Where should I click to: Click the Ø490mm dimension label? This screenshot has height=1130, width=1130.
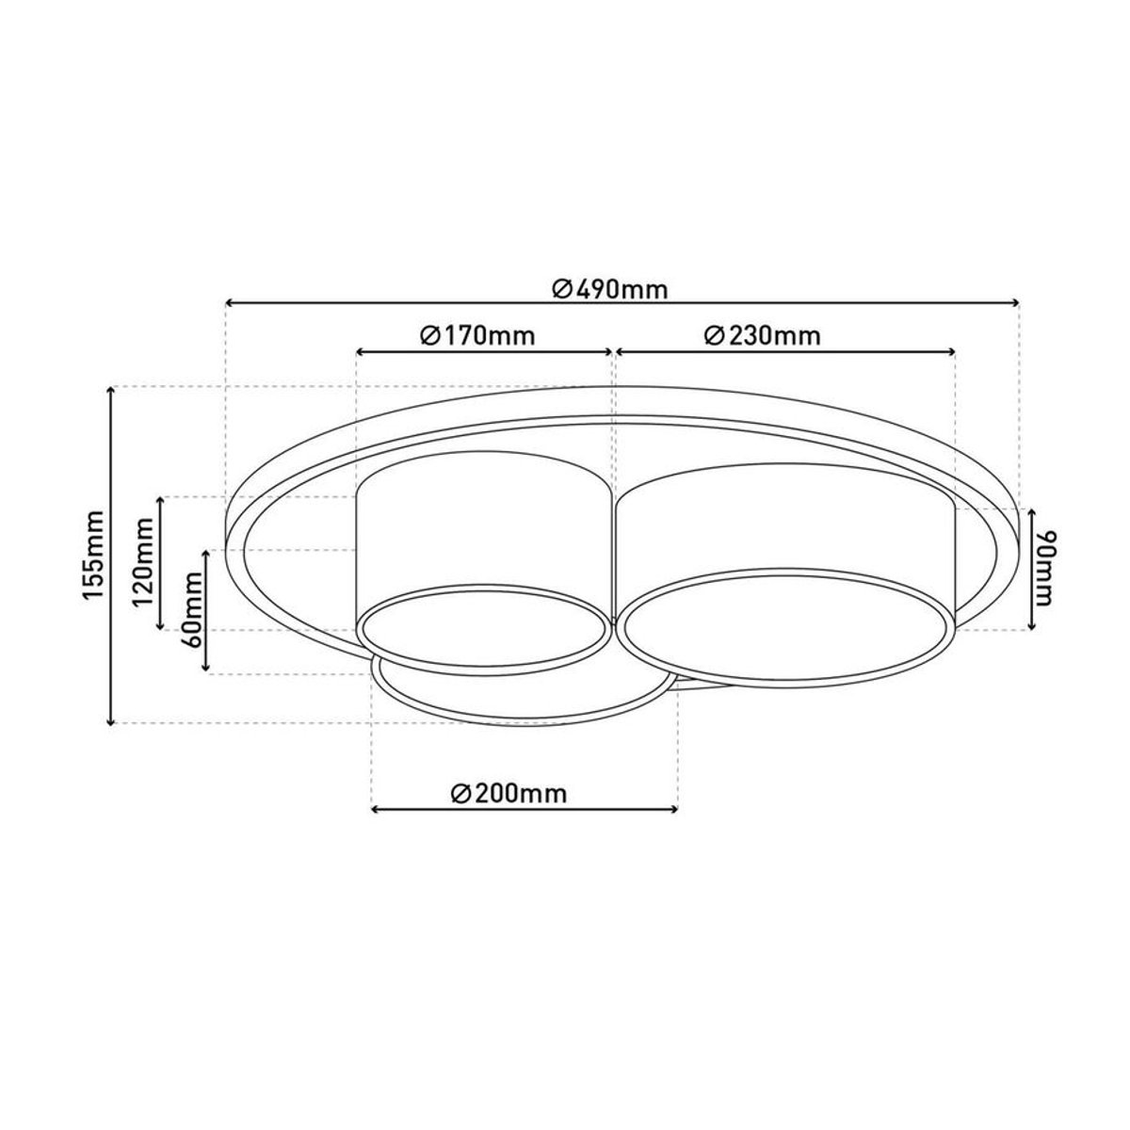coord(610,290)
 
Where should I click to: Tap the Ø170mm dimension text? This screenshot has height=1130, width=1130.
coord(478,336)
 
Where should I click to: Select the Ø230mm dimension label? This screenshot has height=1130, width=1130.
coord(762,336)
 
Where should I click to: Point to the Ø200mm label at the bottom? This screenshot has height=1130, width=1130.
coord(509,794)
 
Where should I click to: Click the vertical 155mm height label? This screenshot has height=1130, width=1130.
coord(94,555)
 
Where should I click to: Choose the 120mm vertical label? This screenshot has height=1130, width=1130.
coord(144,563)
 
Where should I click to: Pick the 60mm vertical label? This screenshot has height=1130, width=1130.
coord(192,610)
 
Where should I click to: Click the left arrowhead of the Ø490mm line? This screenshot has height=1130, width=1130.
coord(231,302)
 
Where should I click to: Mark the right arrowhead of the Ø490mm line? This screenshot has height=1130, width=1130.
coord(1015,302)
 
